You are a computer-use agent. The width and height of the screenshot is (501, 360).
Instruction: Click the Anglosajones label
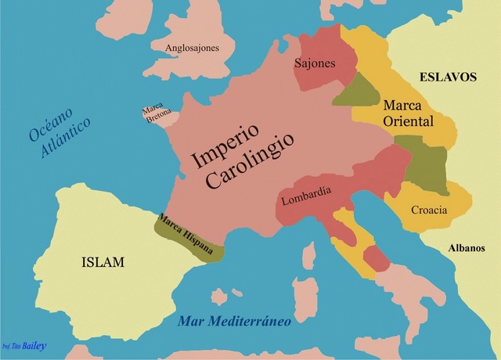pyautogui.click(x=192, y=49)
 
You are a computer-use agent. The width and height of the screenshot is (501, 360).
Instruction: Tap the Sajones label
pyautogui.click(x=315, y=63)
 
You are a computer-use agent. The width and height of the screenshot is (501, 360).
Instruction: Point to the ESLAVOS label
pyautogui.click(x=448, y=77)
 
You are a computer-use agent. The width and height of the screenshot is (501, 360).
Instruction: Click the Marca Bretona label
pyautogui.click(x=153, y=114)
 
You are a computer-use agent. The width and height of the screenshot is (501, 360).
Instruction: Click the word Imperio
pyautogui.click(x=232, y=142)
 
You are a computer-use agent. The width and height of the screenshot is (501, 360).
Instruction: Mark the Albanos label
pyautogui.click(x=467, y=249)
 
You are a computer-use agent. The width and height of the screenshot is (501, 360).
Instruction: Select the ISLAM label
pyautogui.click(x=103, y=262)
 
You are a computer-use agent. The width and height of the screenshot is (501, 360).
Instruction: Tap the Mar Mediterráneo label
pyautogui.click(x=234, y=321)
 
